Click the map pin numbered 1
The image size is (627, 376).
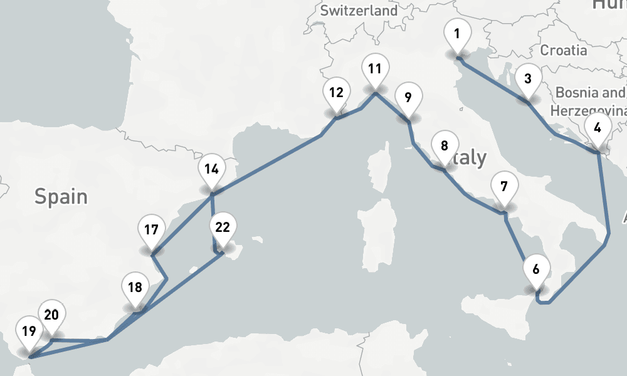457,34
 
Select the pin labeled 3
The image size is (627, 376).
528,79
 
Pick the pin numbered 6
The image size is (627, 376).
535,270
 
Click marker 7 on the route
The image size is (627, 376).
504,187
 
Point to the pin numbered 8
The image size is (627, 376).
445,147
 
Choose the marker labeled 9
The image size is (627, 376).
408,98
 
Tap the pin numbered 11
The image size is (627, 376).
374,70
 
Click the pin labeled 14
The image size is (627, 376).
211,169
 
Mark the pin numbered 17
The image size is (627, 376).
150,230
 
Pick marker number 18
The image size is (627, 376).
135,288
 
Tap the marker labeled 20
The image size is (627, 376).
51,315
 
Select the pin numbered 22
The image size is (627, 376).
223,228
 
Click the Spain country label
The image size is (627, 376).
61,197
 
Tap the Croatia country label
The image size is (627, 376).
564,50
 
